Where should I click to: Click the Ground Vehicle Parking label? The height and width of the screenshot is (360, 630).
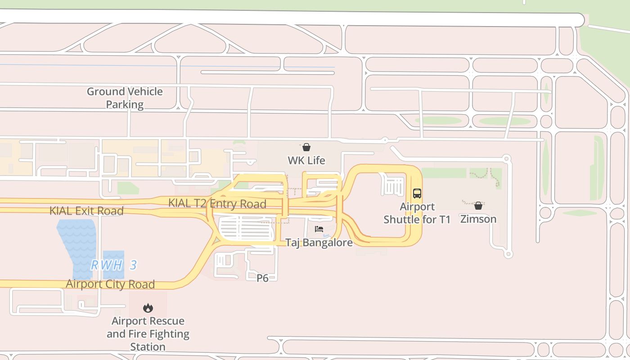pyautogui.click(x=125, y=98)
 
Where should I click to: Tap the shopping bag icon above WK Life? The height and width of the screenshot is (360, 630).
pyautogui.click(x=306, y=147)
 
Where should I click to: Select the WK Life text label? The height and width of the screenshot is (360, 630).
pyautogui.click(x=306, y=160)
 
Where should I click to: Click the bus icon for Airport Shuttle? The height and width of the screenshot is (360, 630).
pyautogui.click(x=417, y=193)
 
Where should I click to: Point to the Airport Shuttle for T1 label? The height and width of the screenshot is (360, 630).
pyautogui.click(x=417, y=213)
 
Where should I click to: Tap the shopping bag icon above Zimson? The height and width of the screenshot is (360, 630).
pyautogui.click(x=478, y=206)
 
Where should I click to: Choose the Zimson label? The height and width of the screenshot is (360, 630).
pyautogui.click(x=478, y=219)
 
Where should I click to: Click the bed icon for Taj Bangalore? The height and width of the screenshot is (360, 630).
pyautogui.click(x=319, y=229)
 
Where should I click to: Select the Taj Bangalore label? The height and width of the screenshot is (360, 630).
pyautogui.click(x=319, y=243)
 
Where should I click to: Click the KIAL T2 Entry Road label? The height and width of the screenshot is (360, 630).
pyautogui.click(x=217, y=203)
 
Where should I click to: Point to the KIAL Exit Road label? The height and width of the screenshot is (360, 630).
pyautogui.click(x=86, y=211)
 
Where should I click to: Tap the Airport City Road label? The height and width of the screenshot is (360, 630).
pyautogui.click(x=110, y=284)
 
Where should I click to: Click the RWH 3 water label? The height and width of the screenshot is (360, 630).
pyautogui.click(x=114, y=265)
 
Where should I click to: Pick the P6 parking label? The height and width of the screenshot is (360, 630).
pyautogui.click(x=262, y=278)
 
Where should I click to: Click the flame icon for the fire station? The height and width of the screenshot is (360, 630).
pyautogui.click(x=148, y=308)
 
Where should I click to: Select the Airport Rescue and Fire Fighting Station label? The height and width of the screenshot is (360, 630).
pyautogui.click(x=148, y=334)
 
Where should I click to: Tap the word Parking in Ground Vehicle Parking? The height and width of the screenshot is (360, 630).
pyautogui.click(x=125, y=104)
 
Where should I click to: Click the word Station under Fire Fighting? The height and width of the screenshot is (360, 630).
pyautogui.click(x=148, y=347)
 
